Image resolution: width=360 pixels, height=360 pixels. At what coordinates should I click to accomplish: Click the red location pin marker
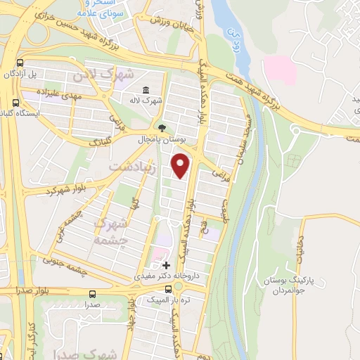tap(181, 167)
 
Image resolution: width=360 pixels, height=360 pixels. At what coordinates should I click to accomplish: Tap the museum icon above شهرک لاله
tap(146, 90)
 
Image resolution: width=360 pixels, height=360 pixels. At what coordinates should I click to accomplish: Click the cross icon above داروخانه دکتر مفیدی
tap(166, 265)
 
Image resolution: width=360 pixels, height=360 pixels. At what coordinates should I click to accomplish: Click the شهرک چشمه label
tap(112, 231)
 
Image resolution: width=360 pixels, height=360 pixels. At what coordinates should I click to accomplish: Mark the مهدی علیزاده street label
tap(63, 93)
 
